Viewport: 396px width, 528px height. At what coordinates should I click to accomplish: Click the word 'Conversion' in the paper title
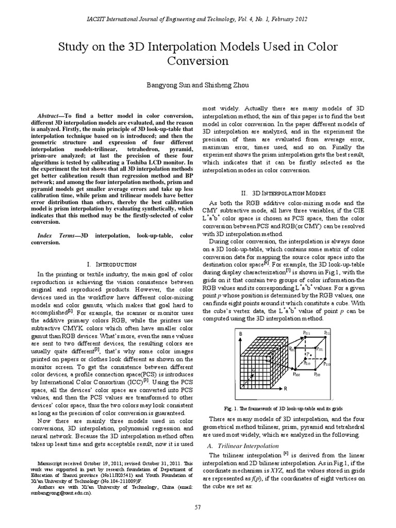tap(198, 61)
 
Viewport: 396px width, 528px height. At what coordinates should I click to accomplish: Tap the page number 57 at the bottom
tap(197, 508)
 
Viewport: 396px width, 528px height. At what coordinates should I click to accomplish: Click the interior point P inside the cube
tap(308, 355)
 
